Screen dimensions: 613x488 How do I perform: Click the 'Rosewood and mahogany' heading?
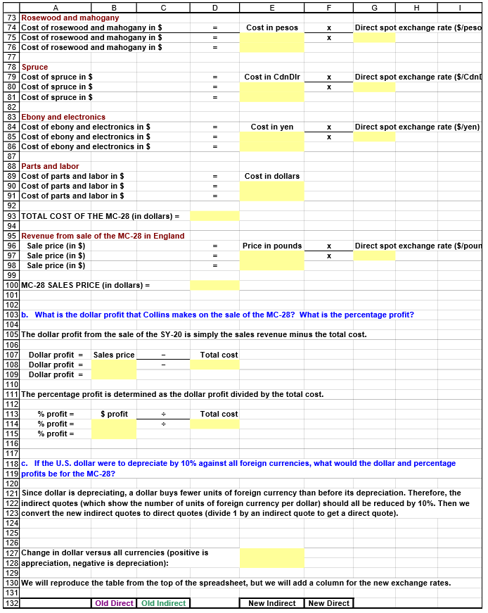click(70, 18)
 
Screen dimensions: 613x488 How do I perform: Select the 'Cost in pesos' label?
click(271, 27)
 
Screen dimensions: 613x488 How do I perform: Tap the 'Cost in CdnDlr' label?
click(271, 77)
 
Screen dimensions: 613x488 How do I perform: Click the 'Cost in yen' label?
click(271, 127)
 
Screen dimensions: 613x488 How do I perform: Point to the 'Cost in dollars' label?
click(271, 176)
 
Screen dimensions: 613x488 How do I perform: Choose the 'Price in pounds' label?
click(271, 246)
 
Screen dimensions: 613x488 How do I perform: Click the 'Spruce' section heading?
click(34, 68)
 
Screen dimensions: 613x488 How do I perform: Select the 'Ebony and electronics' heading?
click(63, 117)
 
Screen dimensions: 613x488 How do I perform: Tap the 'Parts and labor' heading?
click(50, 166)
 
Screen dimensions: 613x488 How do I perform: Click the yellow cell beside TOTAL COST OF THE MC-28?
click(214, 216)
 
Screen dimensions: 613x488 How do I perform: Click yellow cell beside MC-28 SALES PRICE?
click(214, 286)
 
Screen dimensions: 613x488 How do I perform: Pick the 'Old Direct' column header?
click(114, 603)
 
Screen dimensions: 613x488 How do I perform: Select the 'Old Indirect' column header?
click(163, 603)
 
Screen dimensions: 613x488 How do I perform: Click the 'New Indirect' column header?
click(271, 603)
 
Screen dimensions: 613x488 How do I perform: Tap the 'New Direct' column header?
click(328, 603)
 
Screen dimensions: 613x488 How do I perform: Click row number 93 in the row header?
click(11, 216)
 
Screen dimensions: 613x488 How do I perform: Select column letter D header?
click(214, 7)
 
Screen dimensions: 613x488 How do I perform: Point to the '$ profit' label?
click(114, 414)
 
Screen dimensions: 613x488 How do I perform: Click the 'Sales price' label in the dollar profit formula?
click(114, 355)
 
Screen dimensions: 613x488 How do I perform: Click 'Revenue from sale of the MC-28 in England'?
click(103, 236)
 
